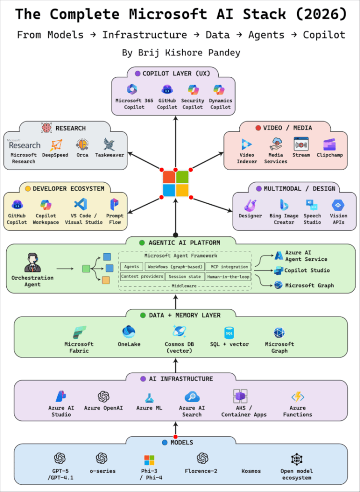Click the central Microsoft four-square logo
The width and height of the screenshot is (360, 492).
(x=175, y=184)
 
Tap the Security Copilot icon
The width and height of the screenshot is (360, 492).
(x=193, y=90)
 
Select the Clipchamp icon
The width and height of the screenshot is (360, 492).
(x=329, y=144)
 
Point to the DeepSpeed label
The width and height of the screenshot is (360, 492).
(x=55, y=155)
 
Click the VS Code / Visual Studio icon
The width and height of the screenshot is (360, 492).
(x=80, y=204)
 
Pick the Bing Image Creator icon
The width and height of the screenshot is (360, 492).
(x=284, y=205)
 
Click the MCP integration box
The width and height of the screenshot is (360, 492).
(x=228, y=267)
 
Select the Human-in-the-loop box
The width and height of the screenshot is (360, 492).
(x=228, y=277)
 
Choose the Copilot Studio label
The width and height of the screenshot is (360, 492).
(x=307, y=271)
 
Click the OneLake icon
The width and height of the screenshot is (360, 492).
(x=129, y=332)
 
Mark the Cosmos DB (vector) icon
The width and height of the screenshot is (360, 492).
(x=179, y=332)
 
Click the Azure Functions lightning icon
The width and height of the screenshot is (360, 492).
(x=298, y=397)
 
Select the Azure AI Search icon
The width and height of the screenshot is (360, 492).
(x=192, y=397)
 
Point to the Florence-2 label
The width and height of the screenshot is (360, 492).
(x=202, y=471)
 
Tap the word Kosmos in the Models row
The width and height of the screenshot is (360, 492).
(x=251, y=471)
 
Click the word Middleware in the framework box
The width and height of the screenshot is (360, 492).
(x=185, y=286)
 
